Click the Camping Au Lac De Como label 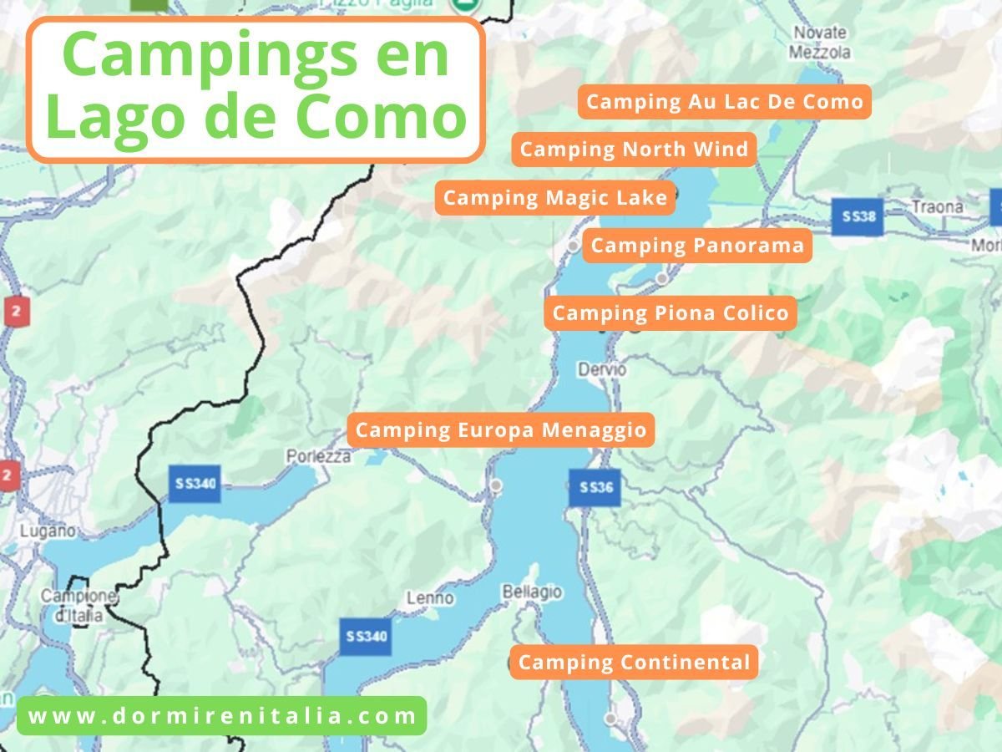tap(724, 102)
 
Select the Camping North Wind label tap(634, 150)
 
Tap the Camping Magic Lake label tap(554, 198)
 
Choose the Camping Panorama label tap(697, 246)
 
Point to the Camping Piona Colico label tap(671, 313)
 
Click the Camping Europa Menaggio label tap(501, 430)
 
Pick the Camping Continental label tap(634, 663)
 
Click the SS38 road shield tap(858, 216)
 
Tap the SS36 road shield tap(595, 488)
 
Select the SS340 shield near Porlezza tap(195, 484)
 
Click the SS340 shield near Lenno tap(365, 637)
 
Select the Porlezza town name tap(318, 457)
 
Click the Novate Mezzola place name tap(821, 43)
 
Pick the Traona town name tap(938, 206)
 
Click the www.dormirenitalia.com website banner tap(221, 716)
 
